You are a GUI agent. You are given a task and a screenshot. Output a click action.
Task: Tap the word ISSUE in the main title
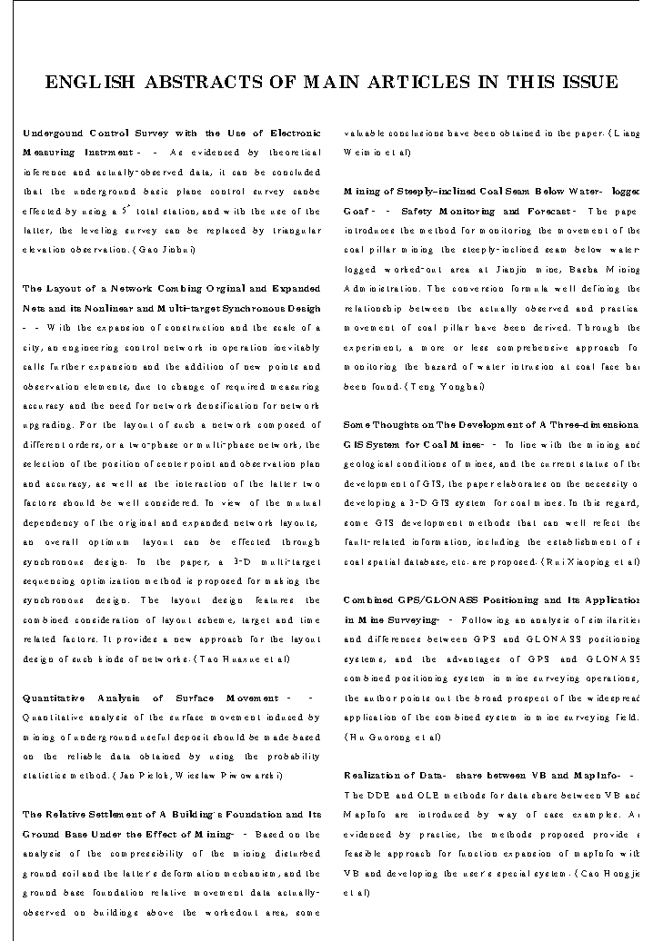pyautogui.click(x=584, y=83)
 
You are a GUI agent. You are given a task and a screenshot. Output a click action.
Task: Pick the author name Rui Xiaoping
pyautogui.click(x=574, y=561)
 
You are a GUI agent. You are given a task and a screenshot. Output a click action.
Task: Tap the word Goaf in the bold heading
pyautogui.click(x=357, y=211)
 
